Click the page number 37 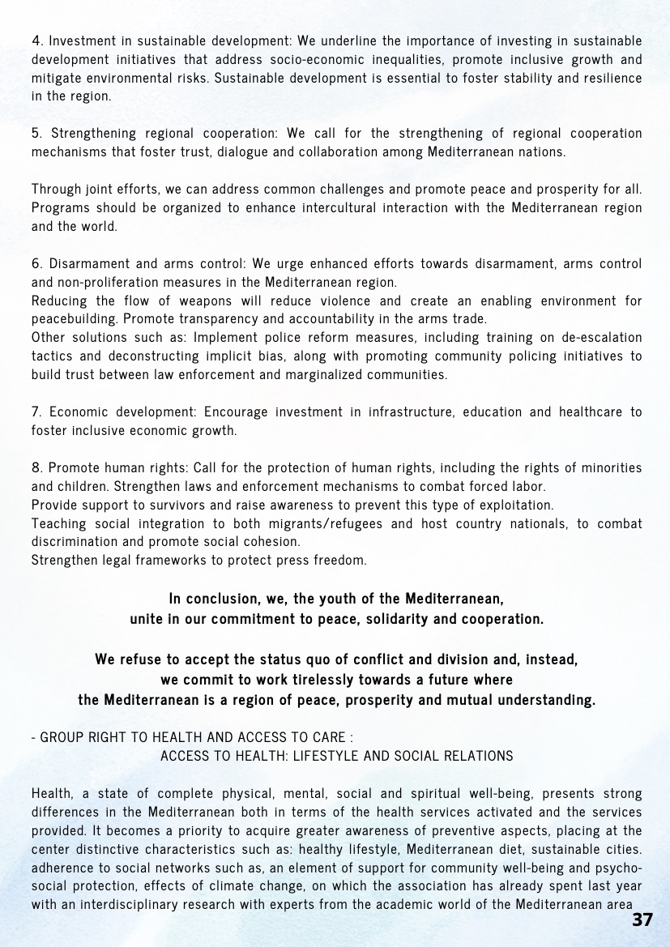click(642, 921)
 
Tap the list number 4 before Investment click(36, 40)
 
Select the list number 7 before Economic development click(36, 412)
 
